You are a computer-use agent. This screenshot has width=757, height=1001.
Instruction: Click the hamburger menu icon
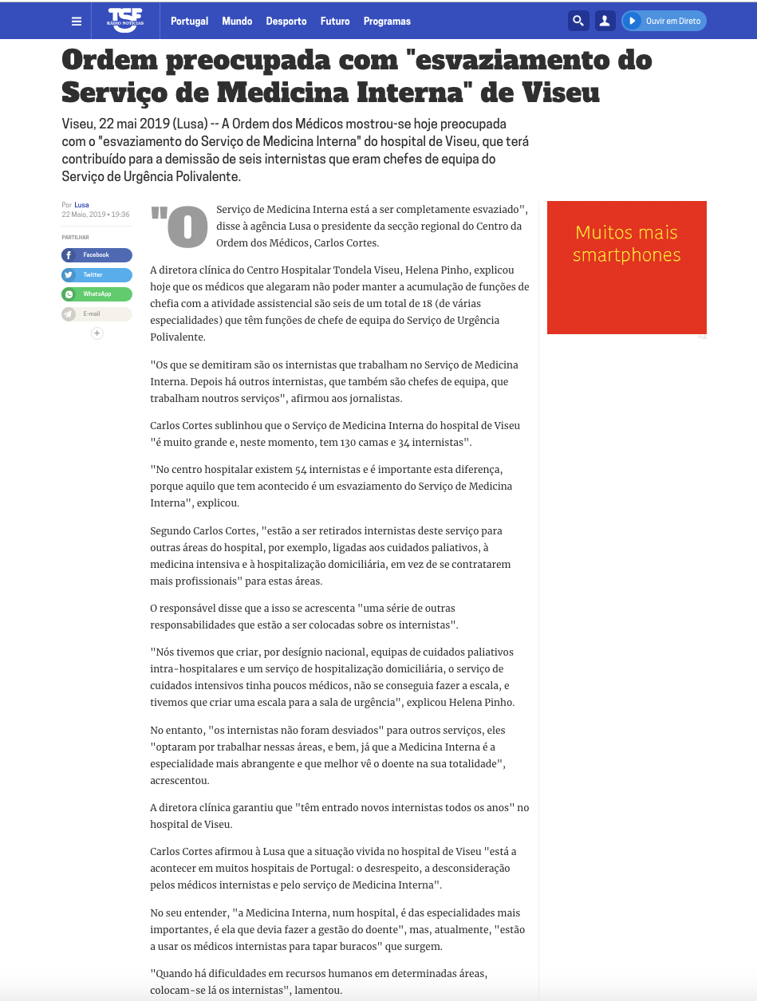point(77,22)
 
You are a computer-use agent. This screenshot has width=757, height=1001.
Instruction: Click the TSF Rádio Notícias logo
point(125,20)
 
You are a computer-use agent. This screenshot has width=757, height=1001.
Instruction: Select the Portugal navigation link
point(189,22)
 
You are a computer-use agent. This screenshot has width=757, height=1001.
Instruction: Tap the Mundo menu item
point(237,22)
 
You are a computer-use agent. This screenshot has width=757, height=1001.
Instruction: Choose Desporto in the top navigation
point(286,22)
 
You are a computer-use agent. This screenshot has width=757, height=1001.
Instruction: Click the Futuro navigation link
point(335,22)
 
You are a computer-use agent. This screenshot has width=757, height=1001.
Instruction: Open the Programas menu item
point(387,22)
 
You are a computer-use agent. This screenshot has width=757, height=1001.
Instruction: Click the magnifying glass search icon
point(578,21)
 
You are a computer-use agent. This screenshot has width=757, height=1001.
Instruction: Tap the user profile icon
point(605,21)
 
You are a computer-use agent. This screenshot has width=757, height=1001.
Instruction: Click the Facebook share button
point(97,255)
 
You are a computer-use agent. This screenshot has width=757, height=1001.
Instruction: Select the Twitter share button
point(97,274)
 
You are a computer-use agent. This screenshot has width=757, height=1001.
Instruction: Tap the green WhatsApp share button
point(97,294)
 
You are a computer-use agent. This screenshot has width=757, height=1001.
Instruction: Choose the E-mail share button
point(97,314)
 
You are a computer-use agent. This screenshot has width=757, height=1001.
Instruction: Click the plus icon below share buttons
point(97,333)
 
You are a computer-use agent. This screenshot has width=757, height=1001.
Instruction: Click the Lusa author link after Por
point(81,205)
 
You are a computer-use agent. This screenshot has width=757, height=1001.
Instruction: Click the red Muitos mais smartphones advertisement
point(626,267)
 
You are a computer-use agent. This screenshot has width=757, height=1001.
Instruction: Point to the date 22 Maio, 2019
point(84,215)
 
